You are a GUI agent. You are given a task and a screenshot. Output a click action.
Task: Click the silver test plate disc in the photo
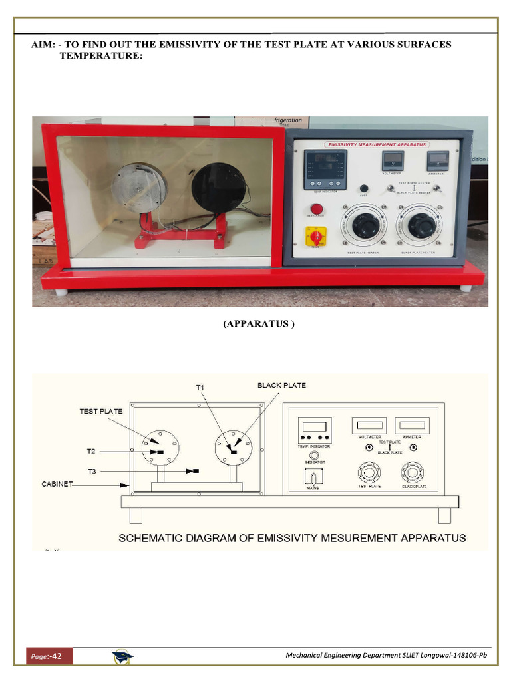[138, 187]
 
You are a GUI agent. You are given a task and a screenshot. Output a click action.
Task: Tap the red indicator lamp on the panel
[317, 209]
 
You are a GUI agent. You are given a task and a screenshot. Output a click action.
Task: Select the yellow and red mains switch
[316, 235]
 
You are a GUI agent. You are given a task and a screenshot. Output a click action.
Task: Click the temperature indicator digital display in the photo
[325, 167]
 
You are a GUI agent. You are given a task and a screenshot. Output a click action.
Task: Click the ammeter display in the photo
[438, 160]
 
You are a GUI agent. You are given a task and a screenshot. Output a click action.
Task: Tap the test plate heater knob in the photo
[365, 226]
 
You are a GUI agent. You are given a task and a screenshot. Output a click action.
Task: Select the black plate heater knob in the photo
[422, 226]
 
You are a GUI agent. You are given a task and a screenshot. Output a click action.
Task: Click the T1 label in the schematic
[201, 387]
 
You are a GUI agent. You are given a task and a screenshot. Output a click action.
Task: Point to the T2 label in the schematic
[91, 452]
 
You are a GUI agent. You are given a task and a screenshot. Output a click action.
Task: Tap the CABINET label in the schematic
[57, 485]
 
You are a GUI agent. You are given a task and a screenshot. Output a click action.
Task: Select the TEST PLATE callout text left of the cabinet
[101, 411]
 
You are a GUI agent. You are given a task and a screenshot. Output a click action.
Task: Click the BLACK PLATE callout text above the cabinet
[281, 385]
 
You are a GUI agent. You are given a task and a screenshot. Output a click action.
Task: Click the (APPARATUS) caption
[258, 324]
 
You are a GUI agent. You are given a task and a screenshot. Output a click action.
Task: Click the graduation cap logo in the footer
[122, 657]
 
